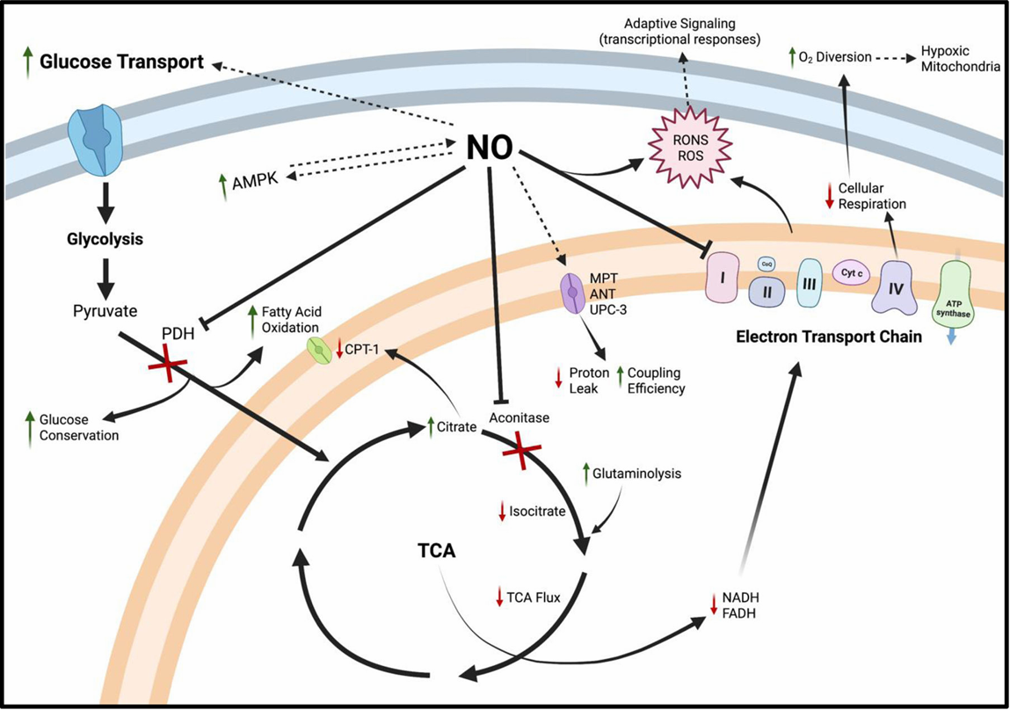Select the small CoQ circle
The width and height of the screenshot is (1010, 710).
[765, 262]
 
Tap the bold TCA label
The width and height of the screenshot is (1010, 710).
[438, 552]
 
